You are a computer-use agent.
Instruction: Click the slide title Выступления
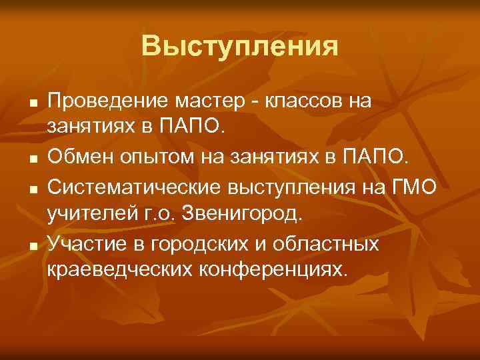239,46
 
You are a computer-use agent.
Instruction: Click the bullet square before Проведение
33,104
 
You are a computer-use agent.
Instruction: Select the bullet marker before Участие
33,247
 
